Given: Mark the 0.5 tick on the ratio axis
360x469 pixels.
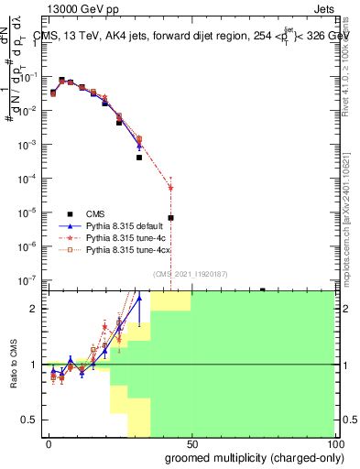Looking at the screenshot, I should (30, 420).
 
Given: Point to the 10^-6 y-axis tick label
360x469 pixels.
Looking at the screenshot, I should (27, 245).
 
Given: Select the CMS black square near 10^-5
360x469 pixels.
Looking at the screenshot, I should (170, 218).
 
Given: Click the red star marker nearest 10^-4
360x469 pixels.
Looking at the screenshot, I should (170, 189).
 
